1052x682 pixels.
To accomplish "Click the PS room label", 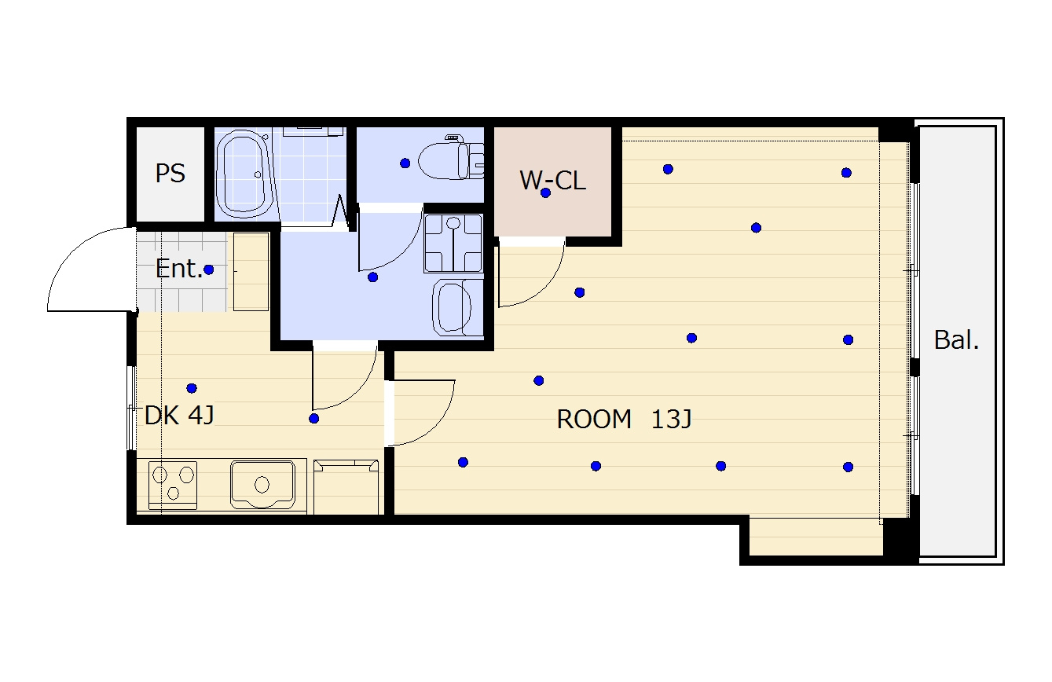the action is click(170, 174).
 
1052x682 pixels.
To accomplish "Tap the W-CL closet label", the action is click(553, 181).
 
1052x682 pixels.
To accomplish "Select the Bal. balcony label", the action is click(956, 339).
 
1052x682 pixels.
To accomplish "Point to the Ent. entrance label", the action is click(178, 269).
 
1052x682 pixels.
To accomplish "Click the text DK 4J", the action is click(179, 415).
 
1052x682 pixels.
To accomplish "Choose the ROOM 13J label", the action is click(624, 419).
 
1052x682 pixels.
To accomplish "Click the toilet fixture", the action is click(451, 158).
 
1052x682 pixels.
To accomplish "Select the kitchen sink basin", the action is click(263, 484).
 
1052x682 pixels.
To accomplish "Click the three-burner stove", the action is click(173, 486).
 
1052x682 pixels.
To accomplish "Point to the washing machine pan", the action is click(453, 244).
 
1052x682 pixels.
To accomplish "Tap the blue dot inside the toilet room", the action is click(405, 163).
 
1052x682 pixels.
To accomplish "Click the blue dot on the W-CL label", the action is click(545, 193).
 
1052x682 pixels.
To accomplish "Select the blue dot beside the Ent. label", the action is click(209, 269).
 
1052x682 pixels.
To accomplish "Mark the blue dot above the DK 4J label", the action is click(192, 388).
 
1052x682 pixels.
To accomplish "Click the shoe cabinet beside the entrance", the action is click(251, 272).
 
